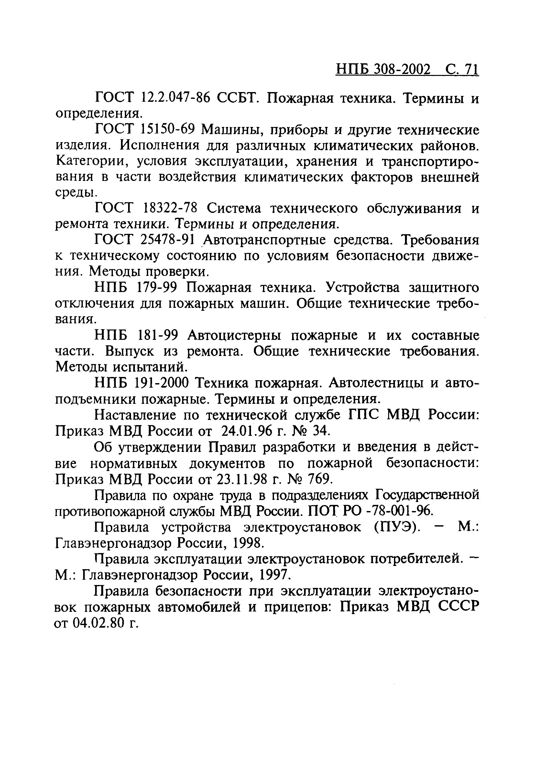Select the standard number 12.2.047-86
[176, 99]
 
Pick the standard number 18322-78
[170, 208]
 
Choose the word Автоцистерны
[234, 335]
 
